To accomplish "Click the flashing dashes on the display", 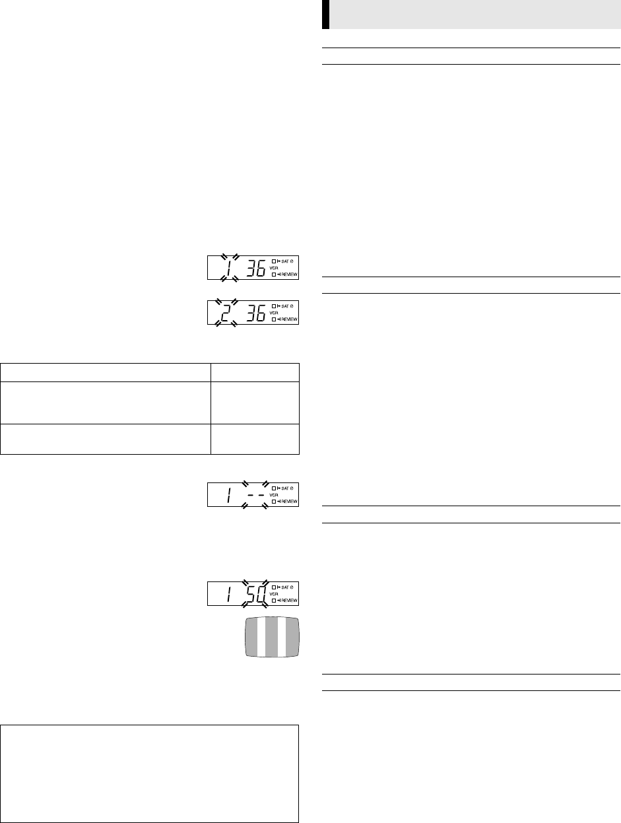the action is pos(254,493).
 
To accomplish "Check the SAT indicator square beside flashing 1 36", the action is pos(274,261).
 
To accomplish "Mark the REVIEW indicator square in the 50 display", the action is pos(274,601).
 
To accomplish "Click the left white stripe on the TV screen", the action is pos(261,637).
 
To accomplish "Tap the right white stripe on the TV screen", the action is pos(282,637).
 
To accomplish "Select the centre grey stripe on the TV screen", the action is pos(271,637).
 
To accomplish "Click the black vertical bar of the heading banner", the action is pos(325,15).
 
